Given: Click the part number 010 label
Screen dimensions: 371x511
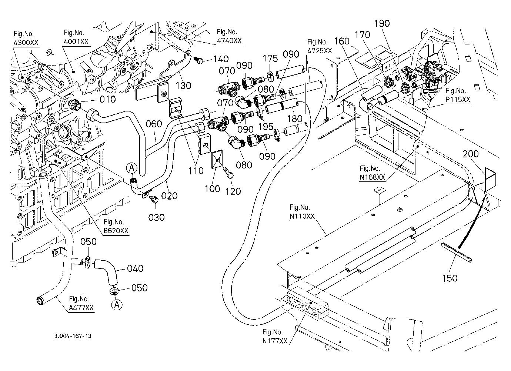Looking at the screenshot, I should tap(107, 99).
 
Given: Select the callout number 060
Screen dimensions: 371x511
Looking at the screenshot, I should tap(154, 124).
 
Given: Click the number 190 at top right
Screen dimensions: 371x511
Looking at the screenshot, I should tap(382, 23).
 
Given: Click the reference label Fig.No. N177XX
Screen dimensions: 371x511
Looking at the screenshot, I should tap(274, 337).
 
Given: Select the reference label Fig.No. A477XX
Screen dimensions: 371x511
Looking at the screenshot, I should tap(81, 303).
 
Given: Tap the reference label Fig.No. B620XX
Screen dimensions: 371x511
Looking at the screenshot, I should tap(116, 226).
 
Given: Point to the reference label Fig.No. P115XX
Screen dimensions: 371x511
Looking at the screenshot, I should tap(458, 95).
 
